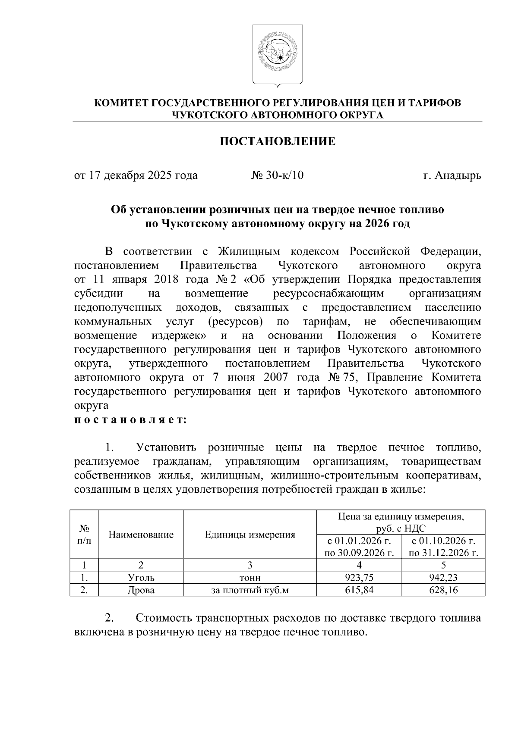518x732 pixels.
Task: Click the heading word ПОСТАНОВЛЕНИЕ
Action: (x=278, y=141)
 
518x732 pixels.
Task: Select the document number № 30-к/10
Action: (x=278, y=175)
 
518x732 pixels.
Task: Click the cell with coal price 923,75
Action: (x=359, y=578)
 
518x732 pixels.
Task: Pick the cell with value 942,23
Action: (x=443, y=578)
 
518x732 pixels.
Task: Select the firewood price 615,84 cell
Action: (x=359, y=590)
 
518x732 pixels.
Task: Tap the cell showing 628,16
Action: (x=443, y=590)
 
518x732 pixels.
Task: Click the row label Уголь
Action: (x=141, y=578)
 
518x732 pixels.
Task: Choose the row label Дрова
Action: (x=141, y=590)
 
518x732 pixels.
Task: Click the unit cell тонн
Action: (x=250, y=578)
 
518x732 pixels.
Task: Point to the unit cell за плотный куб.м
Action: (x=250, y=590)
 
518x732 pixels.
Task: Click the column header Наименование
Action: (x=141, y=535)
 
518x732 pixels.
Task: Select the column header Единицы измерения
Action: (x=250, y=535)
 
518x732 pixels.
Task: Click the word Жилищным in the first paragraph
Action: (x=249, y=251)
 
